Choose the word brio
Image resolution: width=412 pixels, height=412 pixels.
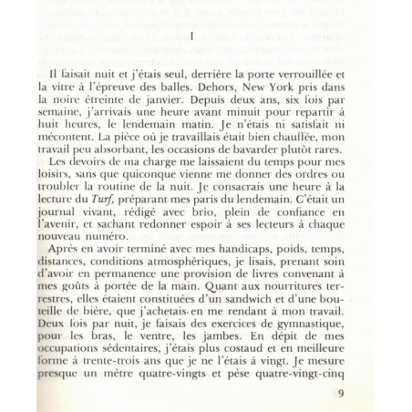coord(193,221)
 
